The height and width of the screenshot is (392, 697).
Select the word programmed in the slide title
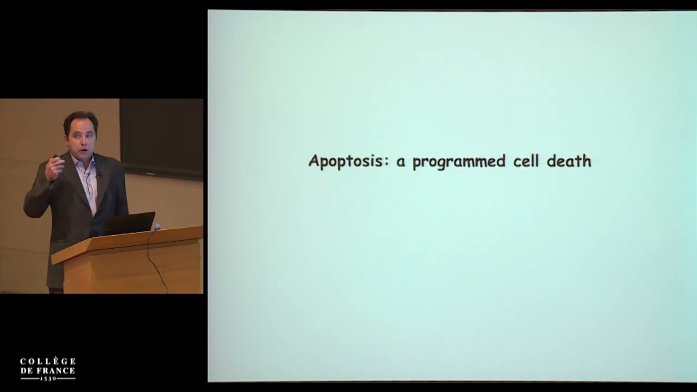pos(458,162)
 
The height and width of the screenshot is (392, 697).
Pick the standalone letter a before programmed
pos(400,163)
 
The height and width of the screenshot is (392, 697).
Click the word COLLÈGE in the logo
pos(48,361)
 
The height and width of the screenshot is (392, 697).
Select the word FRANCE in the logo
pos(55,371)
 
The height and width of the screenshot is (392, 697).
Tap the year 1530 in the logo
pos(48,378)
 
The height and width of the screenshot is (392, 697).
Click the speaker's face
pos(81,139)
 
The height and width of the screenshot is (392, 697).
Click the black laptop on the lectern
pos(129,223)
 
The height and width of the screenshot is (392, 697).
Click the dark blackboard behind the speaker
pos(162,138)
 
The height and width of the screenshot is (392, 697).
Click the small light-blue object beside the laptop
pos(157,226)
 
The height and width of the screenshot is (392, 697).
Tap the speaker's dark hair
pos(80,121)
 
